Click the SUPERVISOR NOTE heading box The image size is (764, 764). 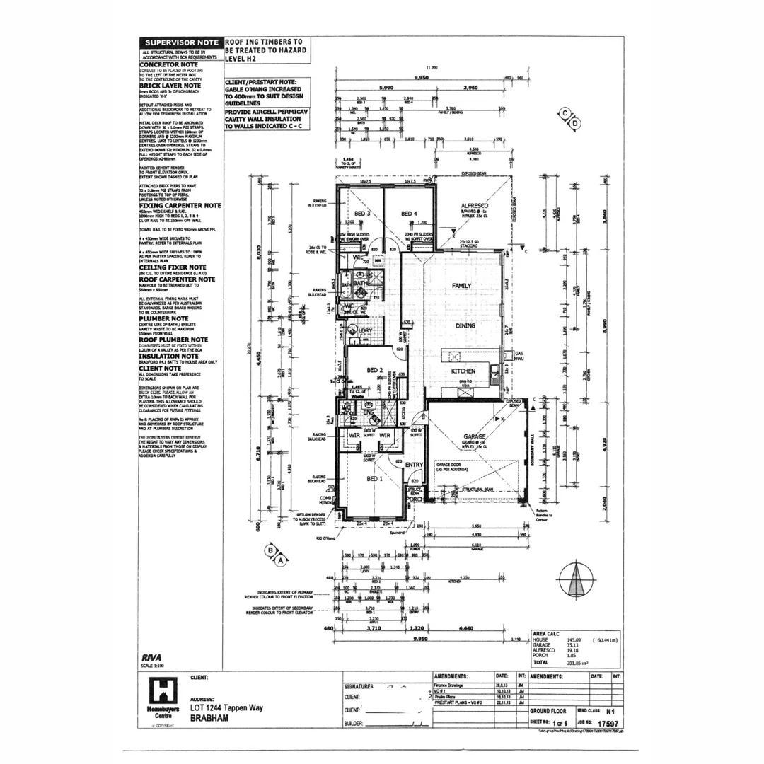pyautogui.click(x=181, y=42)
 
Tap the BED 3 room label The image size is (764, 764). pyautogui.click(x=362, y=214)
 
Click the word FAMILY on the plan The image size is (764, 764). pyautogui.click(x=462, y=285)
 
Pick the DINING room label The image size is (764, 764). pyautogui.click(x=465, y=325)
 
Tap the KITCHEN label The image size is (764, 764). pyautogui.click(x=463, y=371)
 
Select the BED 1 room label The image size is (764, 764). pyautogui.click(x=375, y=478)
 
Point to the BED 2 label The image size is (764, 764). pyautogui.click(x=375, y=370)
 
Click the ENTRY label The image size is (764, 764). pyautogui.click(x=414, y=464)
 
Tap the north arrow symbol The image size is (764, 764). pyautogui.click(x=577, y=580)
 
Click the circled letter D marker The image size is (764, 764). pyautogui.click(x=575, y=123)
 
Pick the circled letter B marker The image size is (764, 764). pyautogui.click(x=270, y=549)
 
